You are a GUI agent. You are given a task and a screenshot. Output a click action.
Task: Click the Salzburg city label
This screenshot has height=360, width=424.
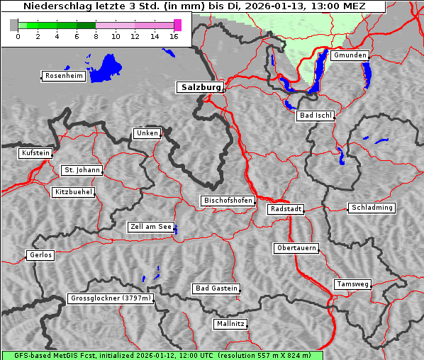coord(199,87)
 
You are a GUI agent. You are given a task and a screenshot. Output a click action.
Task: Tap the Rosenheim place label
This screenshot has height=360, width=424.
coord(63,76)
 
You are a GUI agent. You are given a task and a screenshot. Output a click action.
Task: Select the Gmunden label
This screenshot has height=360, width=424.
coord(350,55)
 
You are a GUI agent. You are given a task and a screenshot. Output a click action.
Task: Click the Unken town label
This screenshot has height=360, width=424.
coord(147,133)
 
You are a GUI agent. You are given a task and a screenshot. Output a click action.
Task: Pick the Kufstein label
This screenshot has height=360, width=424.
coord(35,153)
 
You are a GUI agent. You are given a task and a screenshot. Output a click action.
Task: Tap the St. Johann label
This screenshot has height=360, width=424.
coord(82,170)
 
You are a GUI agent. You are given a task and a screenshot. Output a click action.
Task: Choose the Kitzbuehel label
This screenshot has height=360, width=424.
coord(73,192)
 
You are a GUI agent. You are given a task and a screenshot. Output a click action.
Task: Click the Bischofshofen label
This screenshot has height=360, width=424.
coord(228,201)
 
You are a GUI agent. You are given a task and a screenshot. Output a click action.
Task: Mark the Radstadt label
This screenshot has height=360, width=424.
coord(286,209)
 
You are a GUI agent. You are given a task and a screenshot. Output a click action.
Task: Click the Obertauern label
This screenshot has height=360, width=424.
coord(296,248)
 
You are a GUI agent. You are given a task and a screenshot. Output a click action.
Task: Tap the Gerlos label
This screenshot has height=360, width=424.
coord(40,255)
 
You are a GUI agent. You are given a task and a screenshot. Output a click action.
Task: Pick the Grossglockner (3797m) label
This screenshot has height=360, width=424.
coord(111,298)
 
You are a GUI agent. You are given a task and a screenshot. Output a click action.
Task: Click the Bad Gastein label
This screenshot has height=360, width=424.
coord(216,288)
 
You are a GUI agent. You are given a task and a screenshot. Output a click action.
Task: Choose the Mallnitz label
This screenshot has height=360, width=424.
coord(230,324)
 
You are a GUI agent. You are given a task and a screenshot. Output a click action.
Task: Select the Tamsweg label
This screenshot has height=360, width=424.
coord(352,284)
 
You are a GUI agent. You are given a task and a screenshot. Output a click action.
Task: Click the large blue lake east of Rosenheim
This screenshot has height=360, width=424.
coord(105,68)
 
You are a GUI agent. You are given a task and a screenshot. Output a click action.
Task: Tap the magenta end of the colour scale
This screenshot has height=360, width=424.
coord(177,25)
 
